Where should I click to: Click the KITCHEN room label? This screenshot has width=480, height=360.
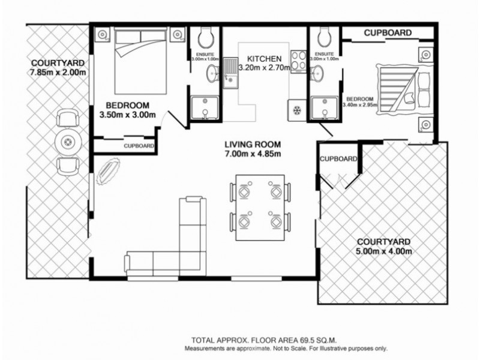coord(260,59)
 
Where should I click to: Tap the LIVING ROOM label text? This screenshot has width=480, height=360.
coord(253,145)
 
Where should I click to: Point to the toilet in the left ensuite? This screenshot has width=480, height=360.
coord(206,38)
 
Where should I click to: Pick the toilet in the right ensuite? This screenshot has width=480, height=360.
coord(324,38)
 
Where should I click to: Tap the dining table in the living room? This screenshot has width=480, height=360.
coord(260,207)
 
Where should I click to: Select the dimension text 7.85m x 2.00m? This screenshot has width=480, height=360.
coord(58,73)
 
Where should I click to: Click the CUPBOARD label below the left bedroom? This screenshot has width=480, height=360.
coord(139,146)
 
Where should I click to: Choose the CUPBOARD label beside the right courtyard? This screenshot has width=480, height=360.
coord(338,159)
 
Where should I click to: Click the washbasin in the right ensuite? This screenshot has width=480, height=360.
coord(318,73)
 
